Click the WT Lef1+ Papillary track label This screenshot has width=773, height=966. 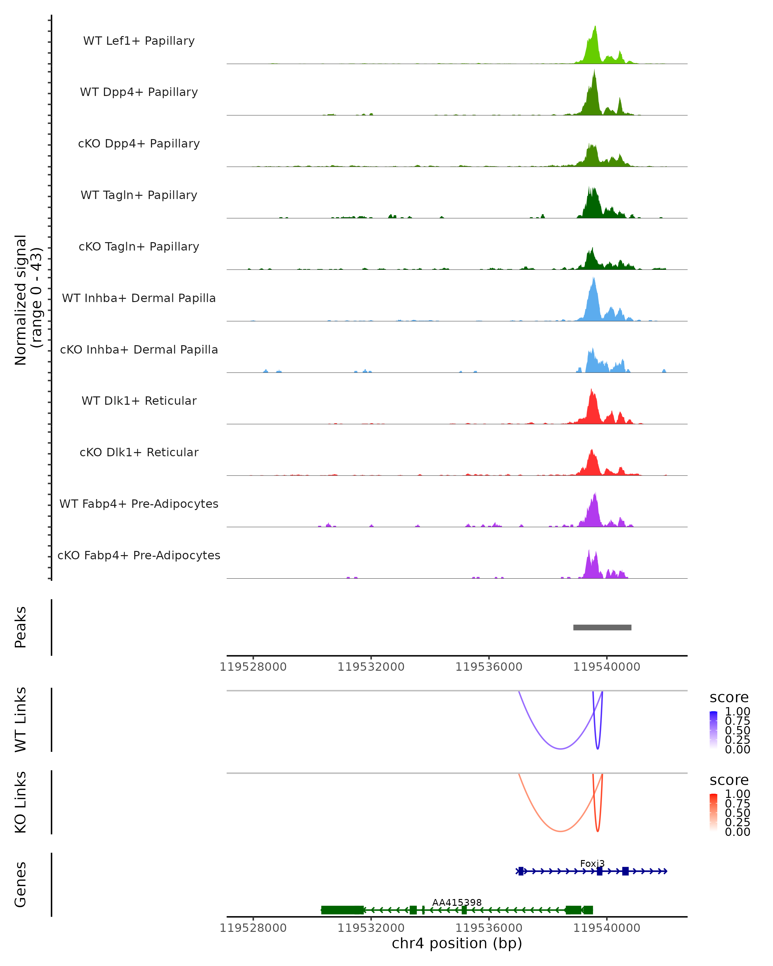click(139, 41)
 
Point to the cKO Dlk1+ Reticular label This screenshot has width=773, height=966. click(139, 452)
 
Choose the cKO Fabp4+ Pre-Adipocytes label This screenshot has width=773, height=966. click(139, 555)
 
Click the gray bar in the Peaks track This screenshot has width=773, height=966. click(602, 627)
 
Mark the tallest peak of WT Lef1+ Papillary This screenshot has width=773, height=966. click(595, 27)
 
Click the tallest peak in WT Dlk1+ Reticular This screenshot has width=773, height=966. click(592, 390)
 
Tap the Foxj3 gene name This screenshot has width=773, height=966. click(592, 863)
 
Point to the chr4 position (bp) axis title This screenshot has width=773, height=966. click(457, 943)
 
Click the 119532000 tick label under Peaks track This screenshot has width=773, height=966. click(371, 667)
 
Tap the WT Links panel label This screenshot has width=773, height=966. click(21, 720)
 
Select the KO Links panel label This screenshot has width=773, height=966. click(21, 802)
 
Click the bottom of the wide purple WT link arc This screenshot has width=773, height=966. click(560, 748)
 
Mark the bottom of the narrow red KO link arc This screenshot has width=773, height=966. click(597, 831)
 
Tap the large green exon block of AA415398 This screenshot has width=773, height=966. click(342, 910)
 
